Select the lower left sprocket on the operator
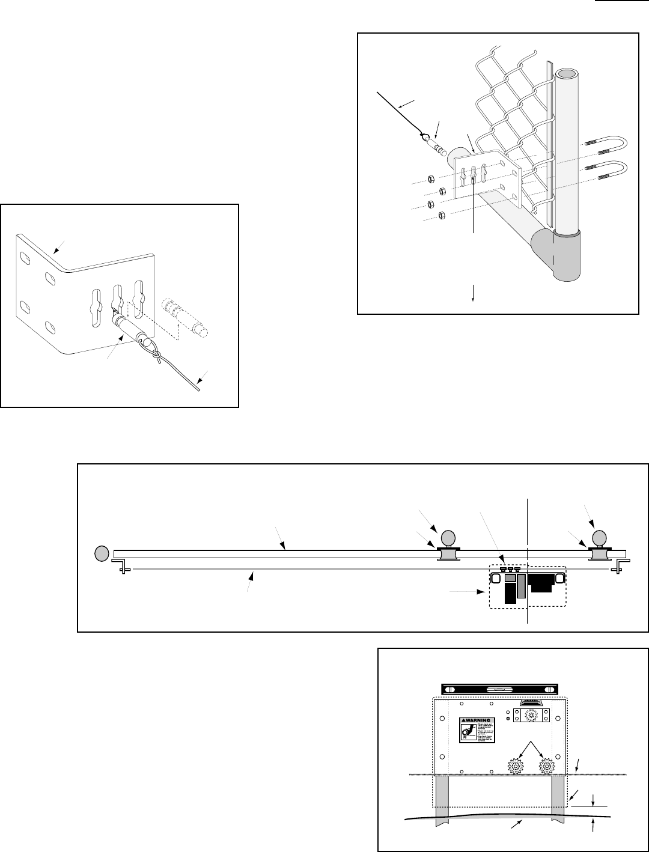point(516,766)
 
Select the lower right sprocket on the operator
point(546,766)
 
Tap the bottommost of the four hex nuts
point(440,215)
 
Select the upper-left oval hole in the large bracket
point(25,258)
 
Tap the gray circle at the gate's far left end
point(102,552)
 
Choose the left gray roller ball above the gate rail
point(448,537)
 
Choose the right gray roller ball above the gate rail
point(599,537)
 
